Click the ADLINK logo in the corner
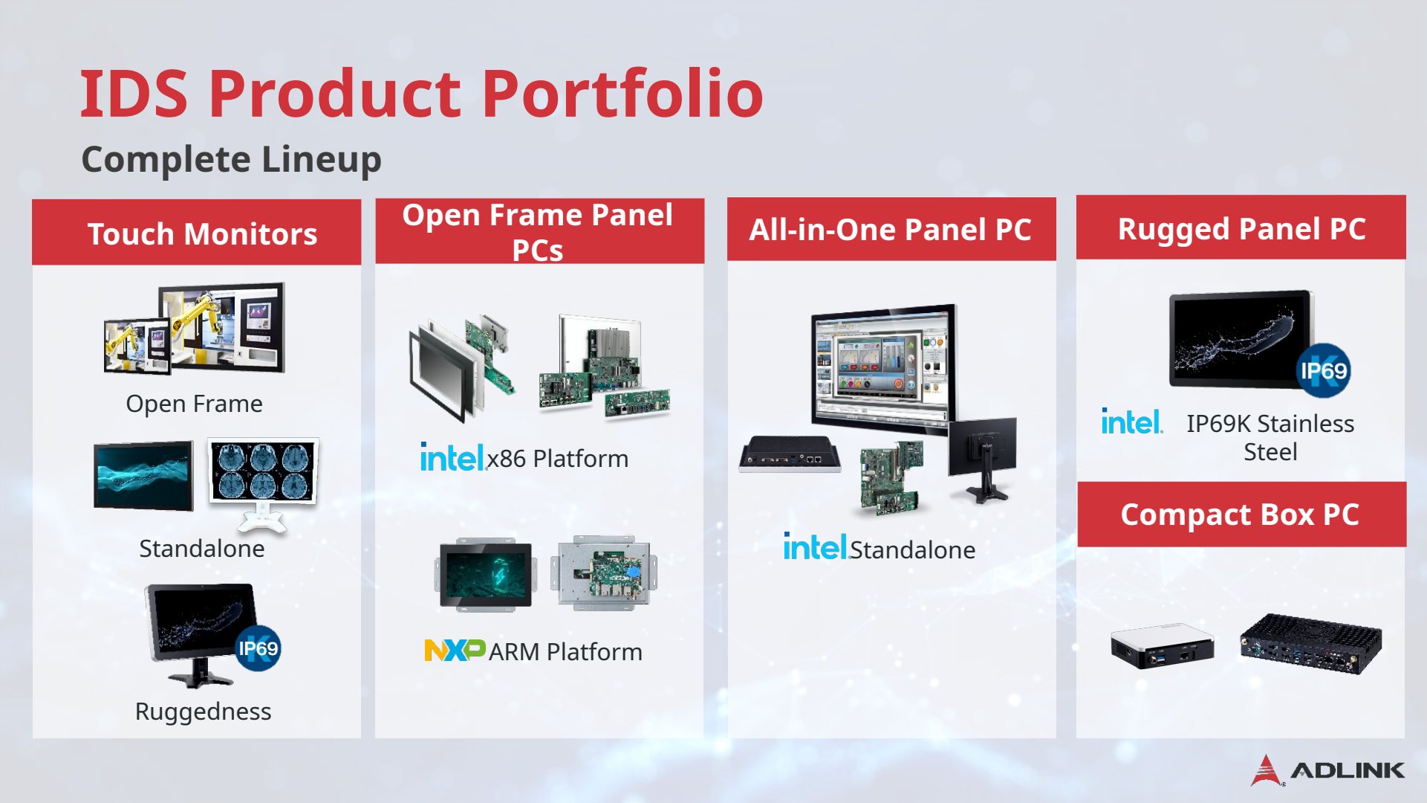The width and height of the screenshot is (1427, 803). (1327, 770)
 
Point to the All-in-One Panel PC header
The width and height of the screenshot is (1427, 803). (891, 229)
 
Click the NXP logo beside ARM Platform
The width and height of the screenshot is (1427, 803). (455, 651)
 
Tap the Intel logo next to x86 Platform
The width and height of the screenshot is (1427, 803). (452, 457)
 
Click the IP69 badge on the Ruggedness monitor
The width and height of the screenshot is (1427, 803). (258, 649)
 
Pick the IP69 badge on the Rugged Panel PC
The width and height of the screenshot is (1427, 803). (1323, 370)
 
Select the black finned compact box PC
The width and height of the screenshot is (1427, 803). (1310, 643)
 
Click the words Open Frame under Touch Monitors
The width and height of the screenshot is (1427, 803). (194, 403)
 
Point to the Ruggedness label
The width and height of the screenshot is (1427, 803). (203, 712)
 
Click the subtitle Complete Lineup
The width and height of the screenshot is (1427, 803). (231, 159)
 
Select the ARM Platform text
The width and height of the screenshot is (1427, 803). (565, 652)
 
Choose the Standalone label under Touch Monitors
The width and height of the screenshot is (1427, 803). (202, 549)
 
